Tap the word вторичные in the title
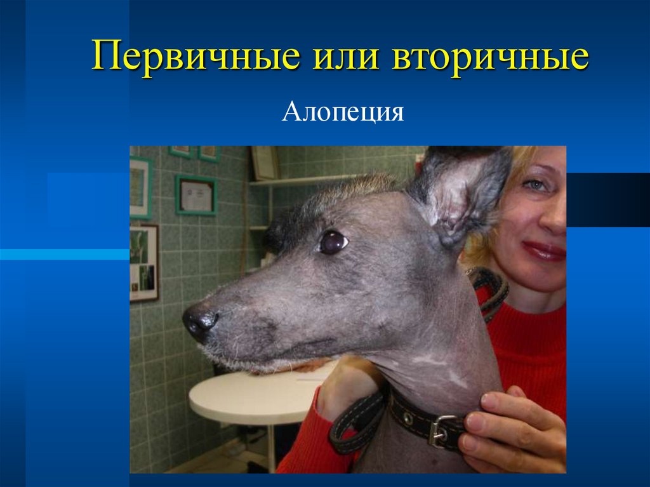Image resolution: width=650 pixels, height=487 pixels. (490, 57)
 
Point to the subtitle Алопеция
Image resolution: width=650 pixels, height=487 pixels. (343, 112)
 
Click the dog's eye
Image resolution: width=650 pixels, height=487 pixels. (332, 241)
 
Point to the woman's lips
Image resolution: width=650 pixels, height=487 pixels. (545, 250)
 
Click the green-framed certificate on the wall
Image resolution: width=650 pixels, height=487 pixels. (196, 195)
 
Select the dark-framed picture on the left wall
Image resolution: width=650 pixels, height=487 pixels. (143, 262)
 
